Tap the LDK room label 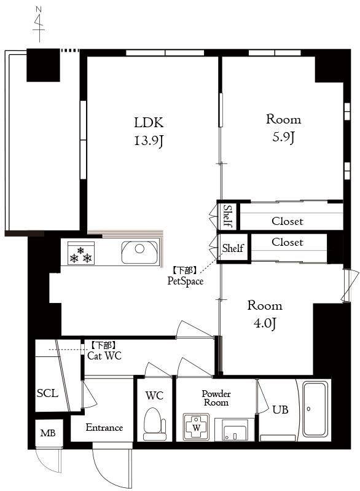click(x=149, y=122)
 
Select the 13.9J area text click(x=149, y=141)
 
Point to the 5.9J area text click(x=283, y=137)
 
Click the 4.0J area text click(x=265, y=323)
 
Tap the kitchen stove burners click(x=80, y=253)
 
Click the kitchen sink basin click(x=139, y=253)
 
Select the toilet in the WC click(x=155, y=424)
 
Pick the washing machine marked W click(x=196, y=427)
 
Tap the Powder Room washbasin click(x=235, y=430)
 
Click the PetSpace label click(x=186, y=281)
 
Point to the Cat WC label click(x=104, y=356)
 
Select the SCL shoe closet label click(x=47, y=393)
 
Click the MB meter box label click(x=48, y=433)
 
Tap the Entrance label click(x=104, y=428)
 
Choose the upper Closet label click(x=288, y=221)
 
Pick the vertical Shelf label click(x=228, y=216)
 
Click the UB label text click(x=280, y=410)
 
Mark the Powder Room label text click(x=216, y=398)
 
